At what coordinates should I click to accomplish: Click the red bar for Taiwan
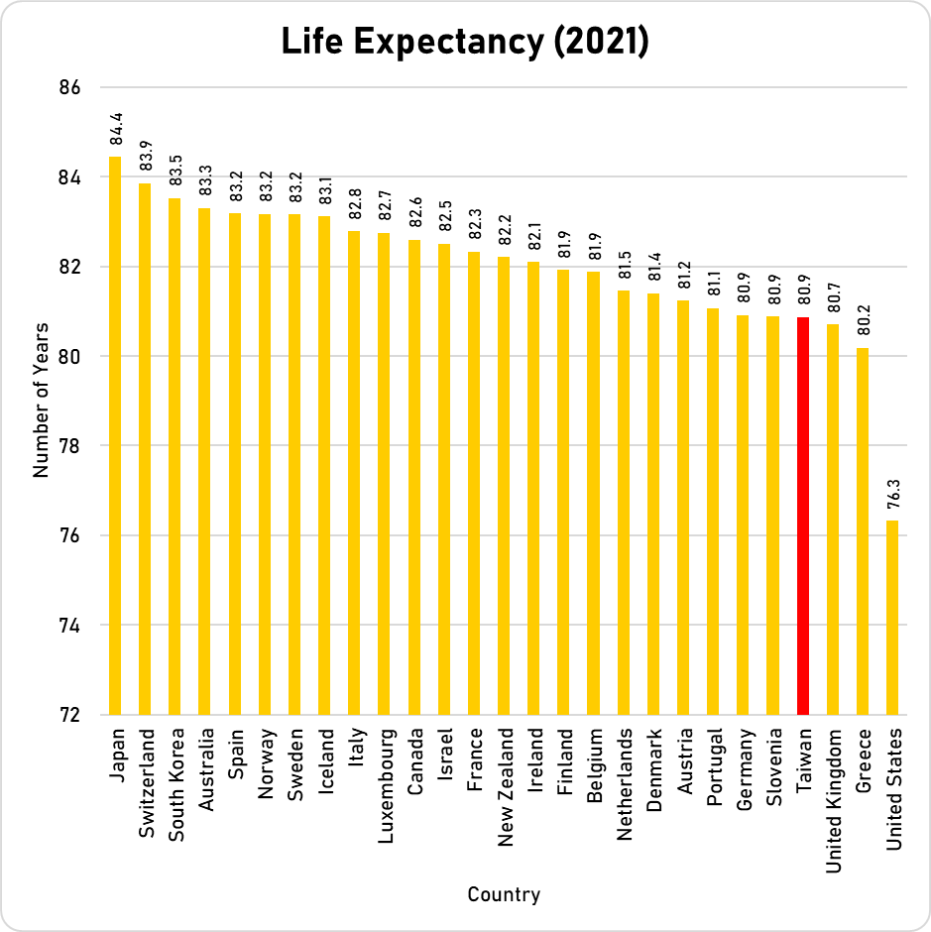pyautogui.click(x=803, y=516)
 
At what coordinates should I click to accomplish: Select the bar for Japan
pyautogui.click(x=115, y=436)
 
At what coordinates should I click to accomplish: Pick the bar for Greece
pyautogui.click(x=863, y=530)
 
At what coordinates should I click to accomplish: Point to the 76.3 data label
pyautogui.click(x=893, y=495)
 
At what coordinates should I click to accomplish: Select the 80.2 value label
pyautogui.click(x=864, y=322)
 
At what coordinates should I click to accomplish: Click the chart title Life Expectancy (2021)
pyautogui.click(x=465, y=42)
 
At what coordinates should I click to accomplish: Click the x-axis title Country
pyautogui.click(x=504, y=895)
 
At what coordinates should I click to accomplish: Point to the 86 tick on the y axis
pyautogui.click(x=69, y=87)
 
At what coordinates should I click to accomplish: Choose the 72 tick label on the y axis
pyautogui.click(x=69, y=715)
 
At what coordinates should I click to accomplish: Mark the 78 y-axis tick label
pyautogui.click(x=69, y=446)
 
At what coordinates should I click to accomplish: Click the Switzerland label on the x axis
pyautogui.click(x=147, y=784)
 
